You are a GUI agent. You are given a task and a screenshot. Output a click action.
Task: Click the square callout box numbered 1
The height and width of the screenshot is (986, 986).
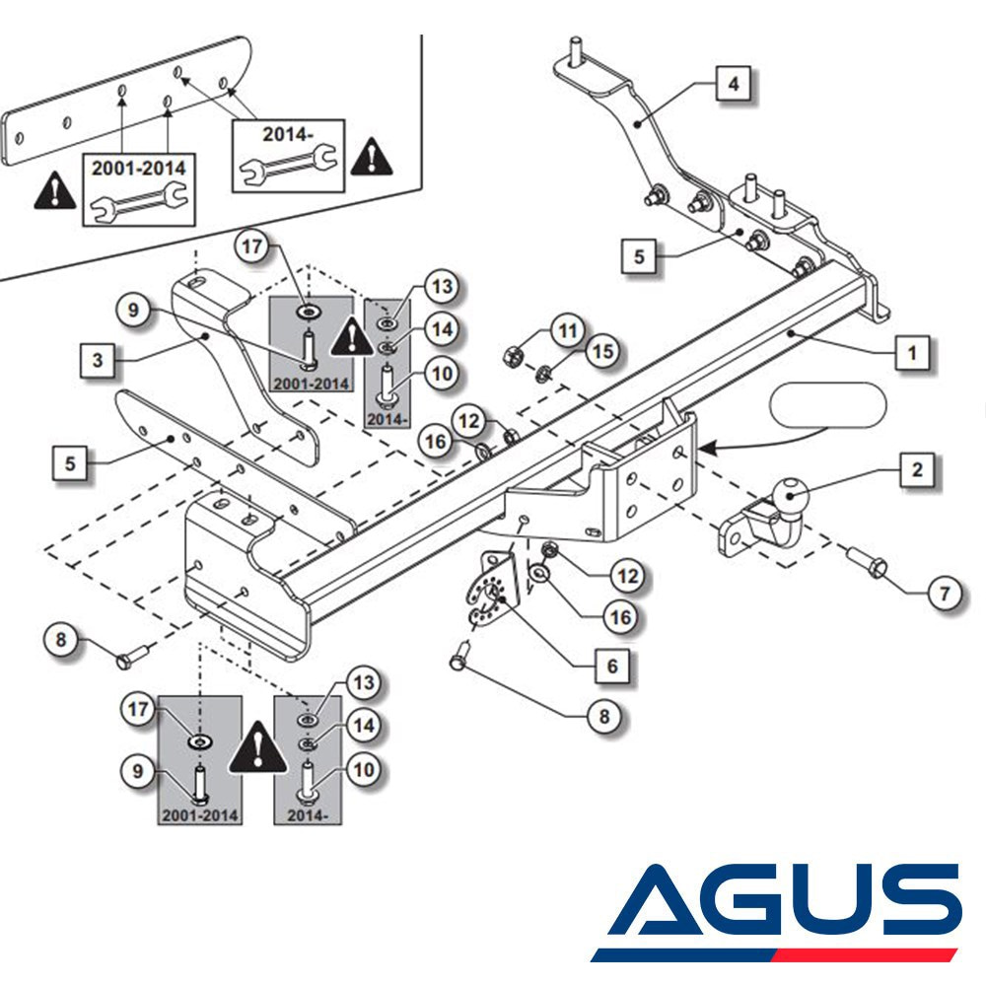click(912, 353)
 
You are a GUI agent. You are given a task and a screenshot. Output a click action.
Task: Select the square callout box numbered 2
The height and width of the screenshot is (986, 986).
click(917, 469)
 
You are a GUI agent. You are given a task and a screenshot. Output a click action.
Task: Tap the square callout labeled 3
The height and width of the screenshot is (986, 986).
click(98, 360)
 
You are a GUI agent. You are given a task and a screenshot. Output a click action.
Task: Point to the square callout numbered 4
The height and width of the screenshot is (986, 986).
click(734, 84)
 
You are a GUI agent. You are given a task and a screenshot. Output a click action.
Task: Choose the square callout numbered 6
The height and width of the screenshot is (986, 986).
click(612, 666)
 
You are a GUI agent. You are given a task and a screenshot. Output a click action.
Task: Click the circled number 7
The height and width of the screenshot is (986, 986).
click(945, 593)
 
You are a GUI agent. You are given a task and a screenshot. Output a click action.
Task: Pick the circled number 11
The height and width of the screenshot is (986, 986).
click(568, 330)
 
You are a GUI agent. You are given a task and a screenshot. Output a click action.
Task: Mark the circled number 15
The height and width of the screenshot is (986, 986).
click(603, 351)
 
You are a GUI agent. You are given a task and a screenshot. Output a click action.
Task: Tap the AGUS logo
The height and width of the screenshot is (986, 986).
click(777, 913)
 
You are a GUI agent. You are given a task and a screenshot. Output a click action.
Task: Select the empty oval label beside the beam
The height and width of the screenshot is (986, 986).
click(827, 405)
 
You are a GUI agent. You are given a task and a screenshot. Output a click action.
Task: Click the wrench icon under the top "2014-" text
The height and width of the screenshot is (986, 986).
click(288, 164)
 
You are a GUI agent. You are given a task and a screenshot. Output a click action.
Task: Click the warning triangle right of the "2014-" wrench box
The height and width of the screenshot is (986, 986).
click(372, 157)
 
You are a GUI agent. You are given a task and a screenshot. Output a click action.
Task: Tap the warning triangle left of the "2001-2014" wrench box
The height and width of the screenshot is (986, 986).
click(55, 191)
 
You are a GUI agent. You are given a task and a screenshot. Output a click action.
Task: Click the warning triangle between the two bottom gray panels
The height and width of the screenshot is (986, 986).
click(257, 747)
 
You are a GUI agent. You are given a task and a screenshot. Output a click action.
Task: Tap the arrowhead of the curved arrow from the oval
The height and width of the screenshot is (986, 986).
click(707, 449)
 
